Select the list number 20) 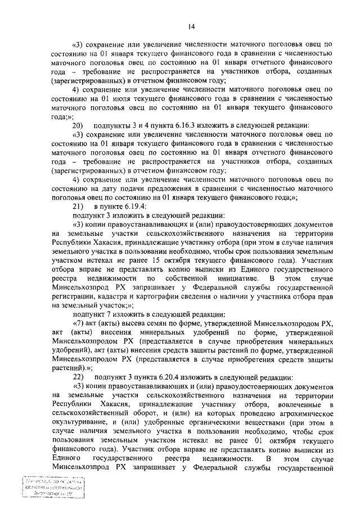pyautogui.click(x=79, y=125)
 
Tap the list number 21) pyautogui.click(x=79, y=206)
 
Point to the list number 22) pyautogui.click(x=79, y=376)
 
